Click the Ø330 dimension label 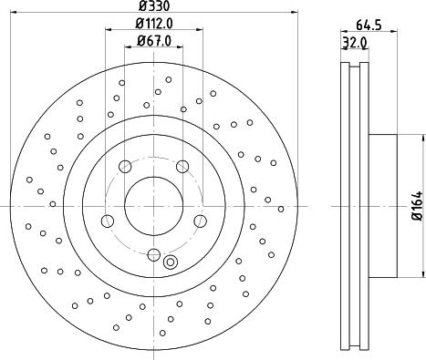tap(154, 5)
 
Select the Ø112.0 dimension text tap(154, 23)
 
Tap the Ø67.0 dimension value tap(154, 40)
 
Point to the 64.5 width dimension tap(369, 25)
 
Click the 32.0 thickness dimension tap(355, 43)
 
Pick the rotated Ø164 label tap(417, 206)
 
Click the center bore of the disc tap(154, 206)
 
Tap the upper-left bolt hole tap(125, 167)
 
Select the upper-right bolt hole tap(182, 167)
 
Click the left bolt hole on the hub tap(107, 221)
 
